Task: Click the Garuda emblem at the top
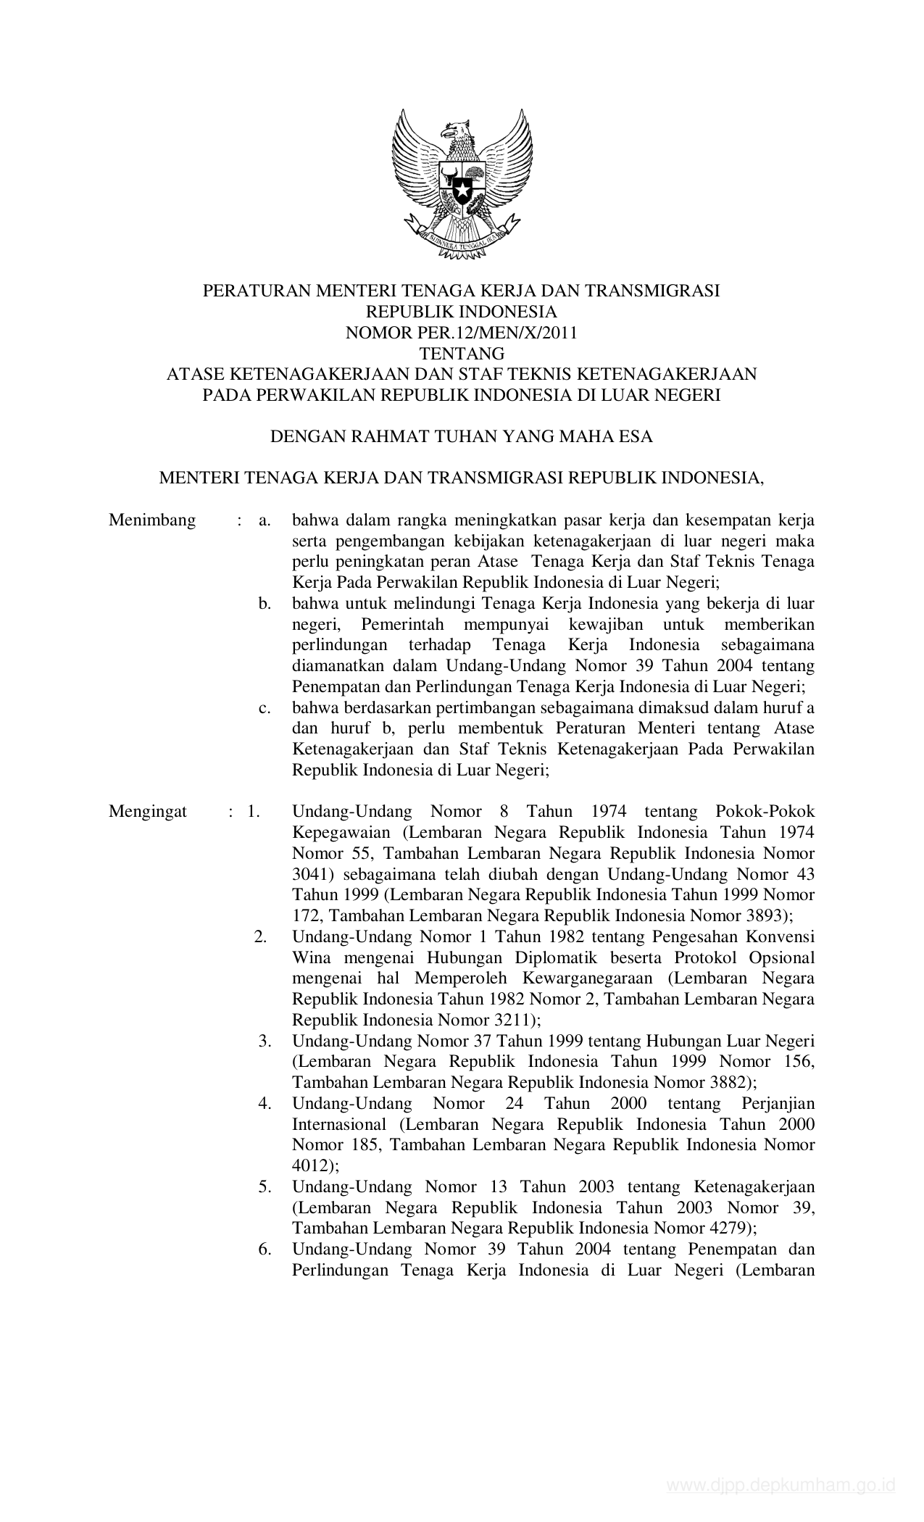pos(462,185)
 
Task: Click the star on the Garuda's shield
pos(462,191)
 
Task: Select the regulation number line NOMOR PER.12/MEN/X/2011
pos(462,333)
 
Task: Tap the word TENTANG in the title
pos(462,354)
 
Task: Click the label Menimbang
pos(152,520)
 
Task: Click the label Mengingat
pos(148,811)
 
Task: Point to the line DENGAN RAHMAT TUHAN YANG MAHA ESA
pos(462,436)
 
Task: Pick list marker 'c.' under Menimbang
pos(265,707)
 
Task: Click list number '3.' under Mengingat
pos(265,1041)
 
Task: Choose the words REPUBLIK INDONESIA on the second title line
pos(462,312)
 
